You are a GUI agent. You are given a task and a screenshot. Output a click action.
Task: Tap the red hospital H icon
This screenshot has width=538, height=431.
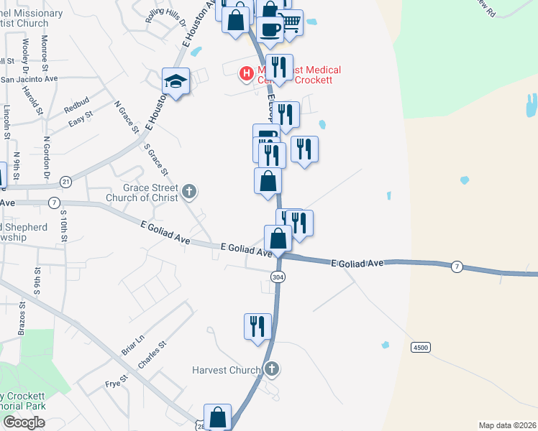coord(247,73)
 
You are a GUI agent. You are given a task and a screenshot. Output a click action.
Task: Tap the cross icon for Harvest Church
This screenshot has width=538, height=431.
coord(271,370)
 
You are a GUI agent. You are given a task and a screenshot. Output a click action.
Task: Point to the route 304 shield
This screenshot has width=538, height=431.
coord(278,277)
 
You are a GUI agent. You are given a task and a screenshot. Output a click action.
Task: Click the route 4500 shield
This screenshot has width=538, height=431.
coord(421,347)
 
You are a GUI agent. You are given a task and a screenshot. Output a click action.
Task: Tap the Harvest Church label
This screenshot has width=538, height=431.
coord(226,371)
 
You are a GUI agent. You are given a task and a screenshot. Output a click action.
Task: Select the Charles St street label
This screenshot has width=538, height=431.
coord(152,355)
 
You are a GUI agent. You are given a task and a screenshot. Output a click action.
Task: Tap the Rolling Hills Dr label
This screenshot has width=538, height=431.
coord(165,16)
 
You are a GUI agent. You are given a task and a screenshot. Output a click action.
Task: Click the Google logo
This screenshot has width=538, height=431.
coord(23,422)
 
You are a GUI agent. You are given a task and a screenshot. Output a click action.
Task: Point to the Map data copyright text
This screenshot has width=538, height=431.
coord(506,425)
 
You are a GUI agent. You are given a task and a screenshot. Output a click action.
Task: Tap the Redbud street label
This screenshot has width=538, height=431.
coord(75,108)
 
